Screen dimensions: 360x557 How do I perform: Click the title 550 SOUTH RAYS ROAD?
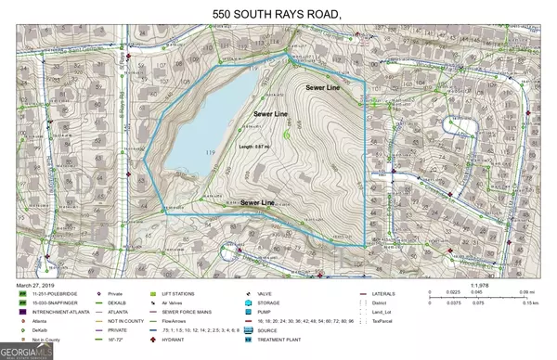278,14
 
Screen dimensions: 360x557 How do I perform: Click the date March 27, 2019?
38,284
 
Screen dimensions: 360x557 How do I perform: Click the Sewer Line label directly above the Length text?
272,113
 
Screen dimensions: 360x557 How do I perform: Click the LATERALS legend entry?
383,294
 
